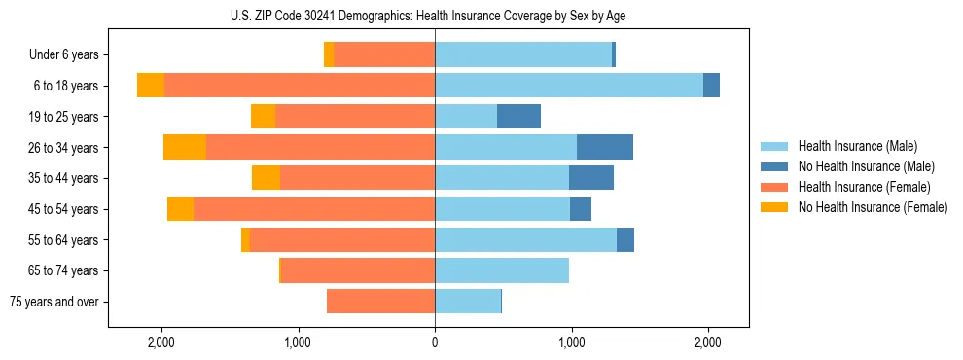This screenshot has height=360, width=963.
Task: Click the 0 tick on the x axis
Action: tap(435, 342)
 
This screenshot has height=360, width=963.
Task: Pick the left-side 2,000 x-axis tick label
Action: tap(160, 342)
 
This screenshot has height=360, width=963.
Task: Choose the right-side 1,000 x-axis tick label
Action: tap(572, 342)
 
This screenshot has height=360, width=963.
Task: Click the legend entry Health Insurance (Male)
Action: tap(857, 146)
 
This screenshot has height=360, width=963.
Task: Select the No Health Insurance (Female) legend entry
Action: tap(873, 207)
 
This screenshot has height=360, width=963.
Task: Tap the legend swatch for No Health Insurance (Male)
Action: tap(775, 166)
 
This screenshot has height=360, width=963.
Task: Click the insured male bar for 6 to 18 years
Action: tap(569, 86)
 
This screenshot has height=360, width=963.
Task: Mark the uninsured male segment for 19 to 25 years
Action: tap(518, 117)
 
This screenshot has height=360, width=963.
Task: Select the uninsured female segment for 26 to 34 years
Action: tap(185, 147)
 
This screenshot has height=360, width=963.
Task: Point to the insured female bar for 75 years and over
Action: tap(380, 302)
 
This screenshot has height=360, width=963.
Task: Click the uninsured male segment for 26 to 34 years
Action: tap(605, 147)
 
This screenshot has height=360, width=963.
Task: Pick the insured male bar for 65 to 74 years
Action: tap(502, 270)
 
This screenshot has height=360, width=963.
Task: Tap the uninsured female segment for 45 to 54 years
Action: tap(180, 209)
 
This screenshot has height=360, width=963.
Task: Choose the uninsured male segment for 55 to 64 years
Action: tap(625, 239)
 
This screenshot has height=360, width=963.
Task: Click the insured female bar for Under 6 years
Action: tap(384, 54)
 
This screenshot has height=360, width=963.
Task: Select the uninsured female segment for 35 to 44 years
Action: tap(266, 178)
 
